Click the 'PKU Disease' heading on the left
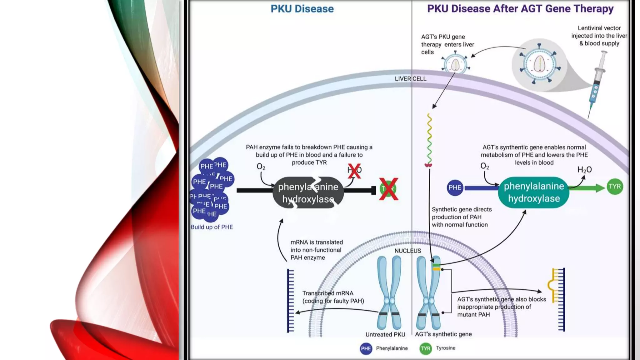coord(302,9)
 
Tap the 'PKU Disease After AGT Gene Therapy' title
coord(520,9)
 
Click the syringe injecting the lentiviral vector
coord(597,81)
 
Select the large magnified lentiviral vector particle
coord(539,64)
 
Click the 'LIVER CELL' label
coord(410,79)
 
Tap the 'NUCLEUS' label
coord(407,251)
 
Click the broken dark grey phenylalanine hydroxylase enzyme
coord(308,193)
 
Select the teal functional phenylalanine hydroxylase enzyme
coord(534,192)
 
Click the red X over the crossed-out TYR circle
coord(388,189)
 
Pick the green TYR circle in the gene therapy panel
coord(615,187)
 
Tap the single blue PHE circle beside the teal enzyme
coord(455,187)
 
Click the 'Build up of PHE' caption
coord(212,227)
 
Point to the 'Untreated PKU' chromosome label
coord(385,334)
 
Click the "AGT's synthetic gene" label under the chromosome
coord(443,334)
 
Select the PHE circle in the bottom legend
coord(366,348)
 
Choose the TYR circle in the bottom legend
coord(425,348)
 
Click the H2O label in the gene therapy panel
coord(584,170)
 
